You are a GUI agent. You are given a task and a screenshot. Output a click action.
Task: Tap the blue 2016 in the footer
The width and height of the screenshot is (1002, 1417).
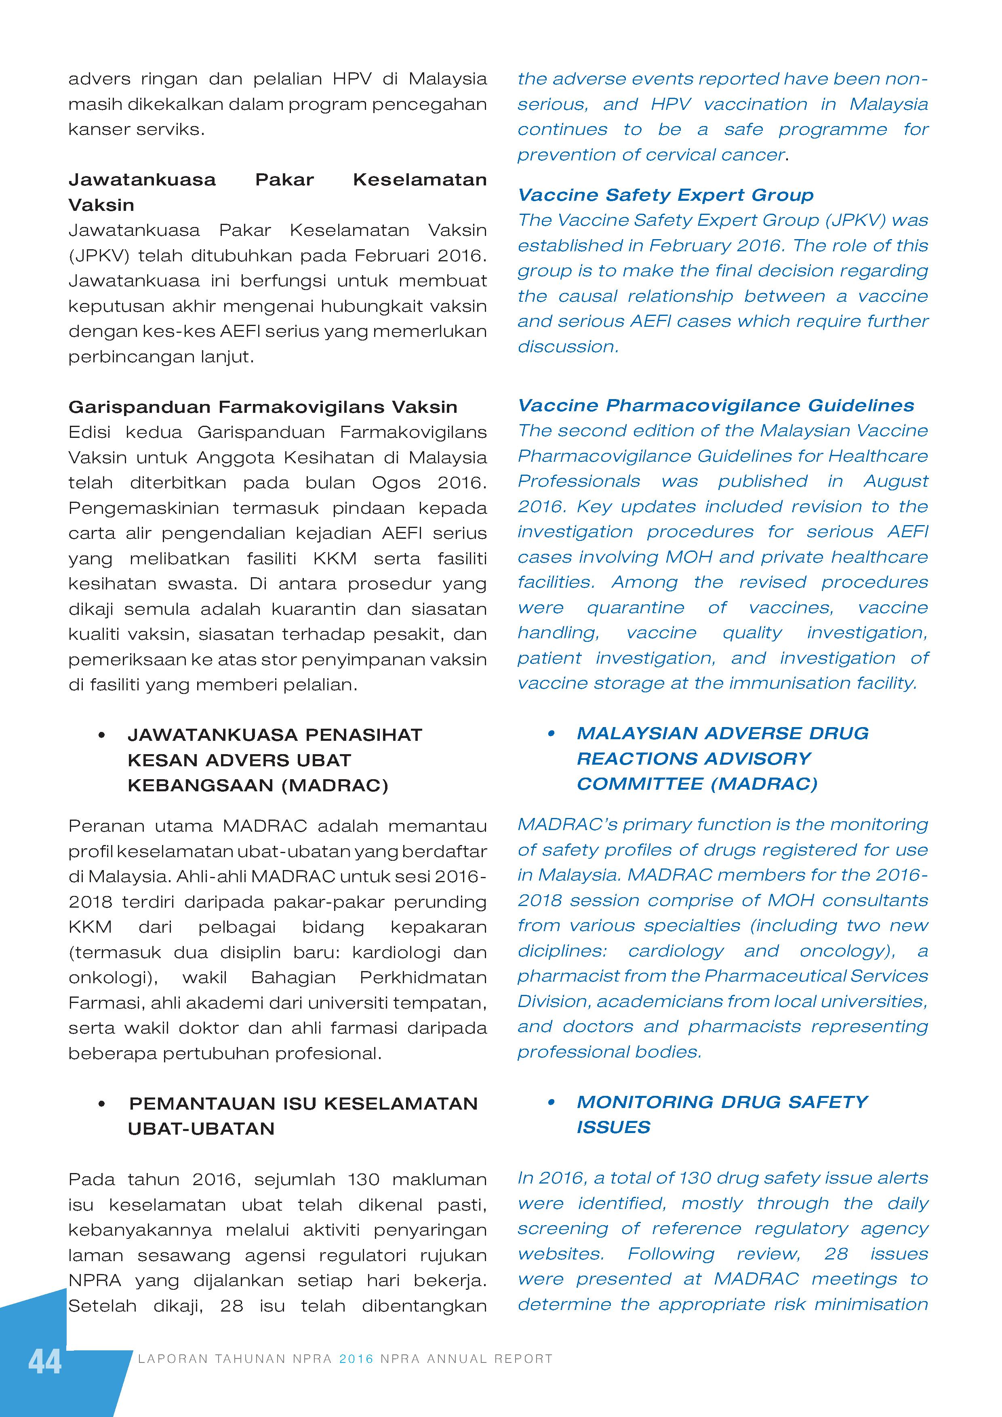[x=356, y=1358]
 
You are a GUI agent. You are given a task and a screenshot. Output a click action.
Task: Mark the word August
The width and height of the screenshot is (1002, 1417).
[x=895, y=481]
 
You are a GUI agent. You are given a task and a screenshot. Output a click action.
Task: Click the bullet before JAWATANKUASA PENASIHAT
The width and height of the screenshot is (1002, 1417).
[x=102, y=735]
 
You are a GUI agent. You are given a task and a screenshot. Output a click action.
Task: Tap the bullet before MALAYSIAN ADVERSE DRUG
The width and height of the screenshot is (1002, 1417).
[x=552, y=733]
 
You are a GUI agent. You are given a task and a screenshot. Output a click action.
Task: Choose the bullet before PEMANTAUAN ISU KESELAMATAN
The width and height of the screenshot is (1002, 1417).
[x=102, y=1104]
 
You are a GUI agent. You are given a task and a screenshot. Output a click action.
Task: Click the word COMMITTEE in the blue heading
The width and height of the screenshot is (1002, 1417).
[x=640, y=784]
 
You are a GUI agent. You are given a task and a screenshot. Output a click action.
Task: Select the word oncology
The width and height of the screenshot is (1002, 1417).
[x=847, y=951]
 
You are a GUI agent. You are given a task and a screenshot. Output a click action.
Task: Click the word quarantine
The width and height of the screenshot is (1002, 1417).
[x=635, y=608]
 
